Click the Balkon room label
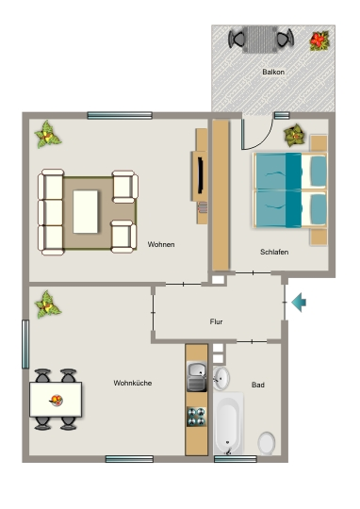[x=273, y=72]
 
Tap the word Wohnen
[x=161, y=244]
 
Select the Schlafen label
[x=274, y=252]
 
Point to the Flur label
[x=216, y=321]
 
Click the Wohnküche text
[x=133, y=383]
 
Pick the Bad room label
[x=258, y=385]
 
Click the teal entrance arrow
[x=299, y=303]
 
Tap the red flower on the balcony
[x=319, y=41]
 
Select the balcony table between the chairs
[x=261, y=40]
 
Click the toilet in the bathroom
[x=267, y=443]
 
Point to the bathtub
[x=228, y=423]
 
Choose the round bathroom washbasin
[x=221, y=378]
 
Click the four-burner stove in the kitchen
[x=196, y=417]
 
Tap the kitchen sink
[x=197, y=376]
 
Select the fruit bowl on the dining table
[x=57, y=401]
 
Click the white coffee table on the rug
[x=86, y=212]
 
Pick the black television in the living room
[x=201, y=175]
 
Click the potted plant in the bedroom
[x=295, y=136]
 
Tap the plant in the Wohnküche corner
[x=47, y=304]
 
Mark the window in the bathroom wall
[x=236, y=459]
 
